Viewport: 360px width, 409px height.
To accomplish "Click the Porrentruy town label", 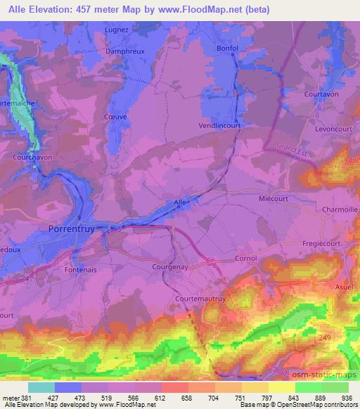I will tap(72, 229).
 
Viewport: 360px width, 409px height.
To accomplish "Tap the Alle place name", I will tap(180, 202).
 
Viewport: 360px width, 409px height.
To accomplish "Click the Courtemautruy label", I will tap(199, 298).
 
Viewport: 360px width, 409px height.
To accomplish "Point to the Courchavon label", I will tap(32, 157).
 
